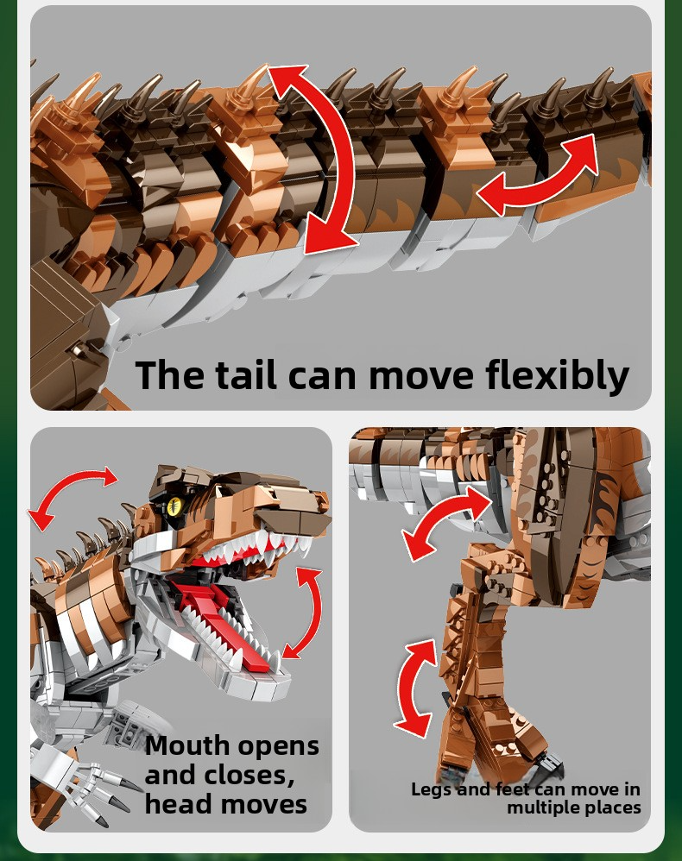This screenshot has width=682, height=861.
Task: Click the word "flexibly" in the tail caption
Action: click(x=557, y=375)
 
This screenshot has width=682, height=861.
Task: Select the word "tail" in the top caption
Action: click(x=246, y=375)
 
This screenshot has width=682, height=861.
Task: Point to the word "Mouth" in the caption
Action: click(x=188, y=745)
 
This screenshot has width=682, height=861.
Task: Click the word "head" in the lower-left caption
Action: click(x=178, y=804)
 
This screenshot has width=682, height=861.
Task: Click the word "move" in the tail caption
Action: click(x=421, y=377)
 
